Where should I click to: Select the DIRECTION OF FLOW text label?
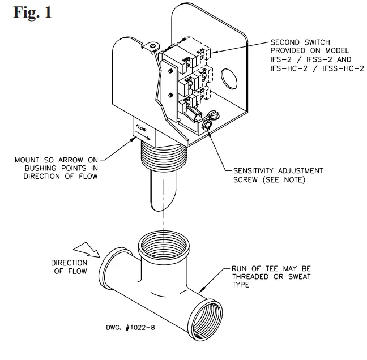69,267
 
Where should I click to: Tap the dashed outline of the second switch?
205,53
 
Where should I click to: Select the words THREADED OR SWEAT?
275,276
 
